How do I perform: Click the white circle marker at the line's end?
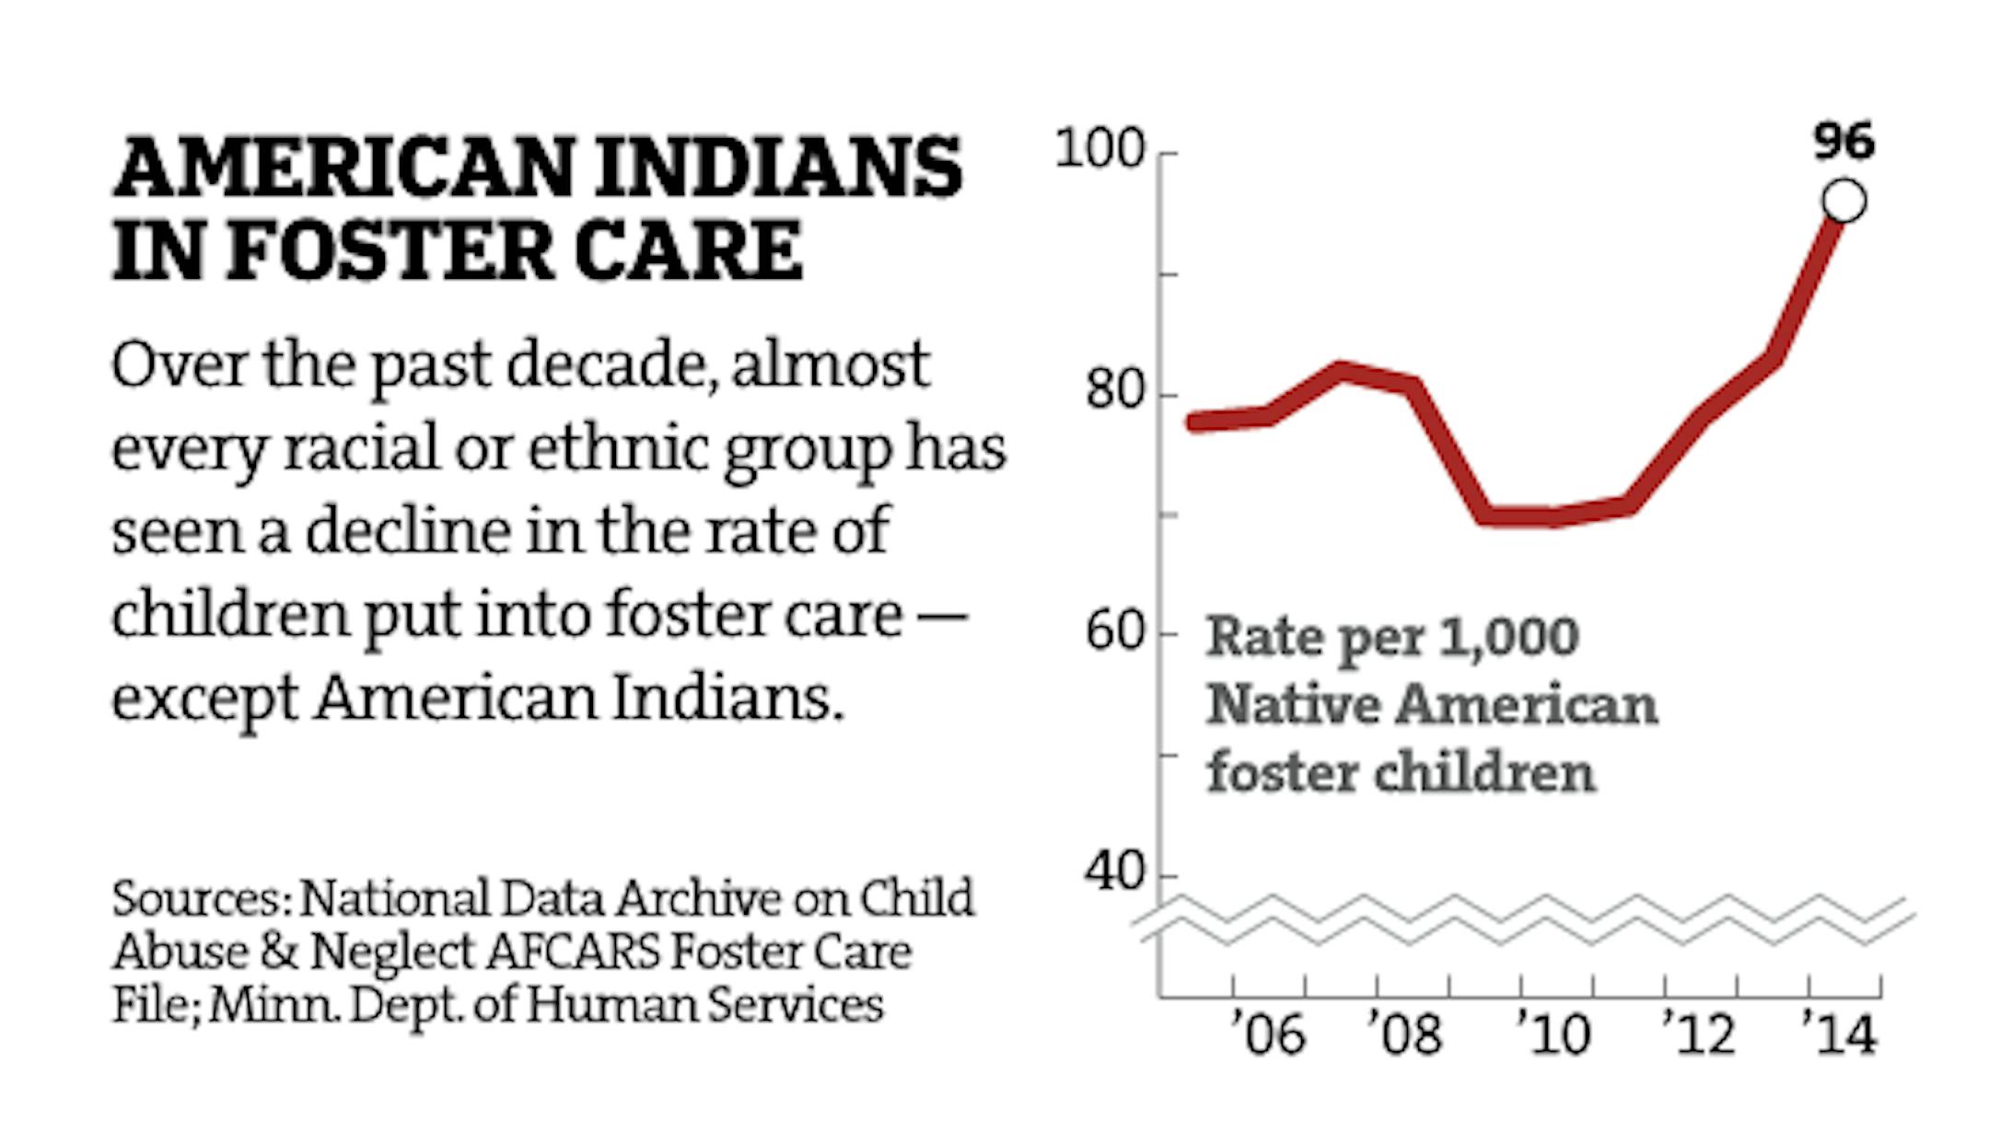tap(1844, 202)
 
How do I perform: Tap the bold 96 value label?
tap(1844, 143)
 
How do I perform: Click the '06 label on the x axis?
tap(1269, 1034)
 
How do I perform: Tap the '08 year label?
tap(1405, 1034)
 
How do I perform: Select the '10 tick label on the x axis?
tap(1553, 1034)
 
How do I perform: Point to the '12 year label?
tap(1699, 1034)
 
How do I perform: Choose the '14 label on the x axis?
tap(1840, 1034)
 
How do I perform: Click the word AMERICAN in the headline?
tap(343, 168)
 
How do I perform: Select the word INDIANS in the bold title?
tap(778, 168)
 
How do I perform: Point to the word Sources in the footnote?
tap(202, 898)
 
